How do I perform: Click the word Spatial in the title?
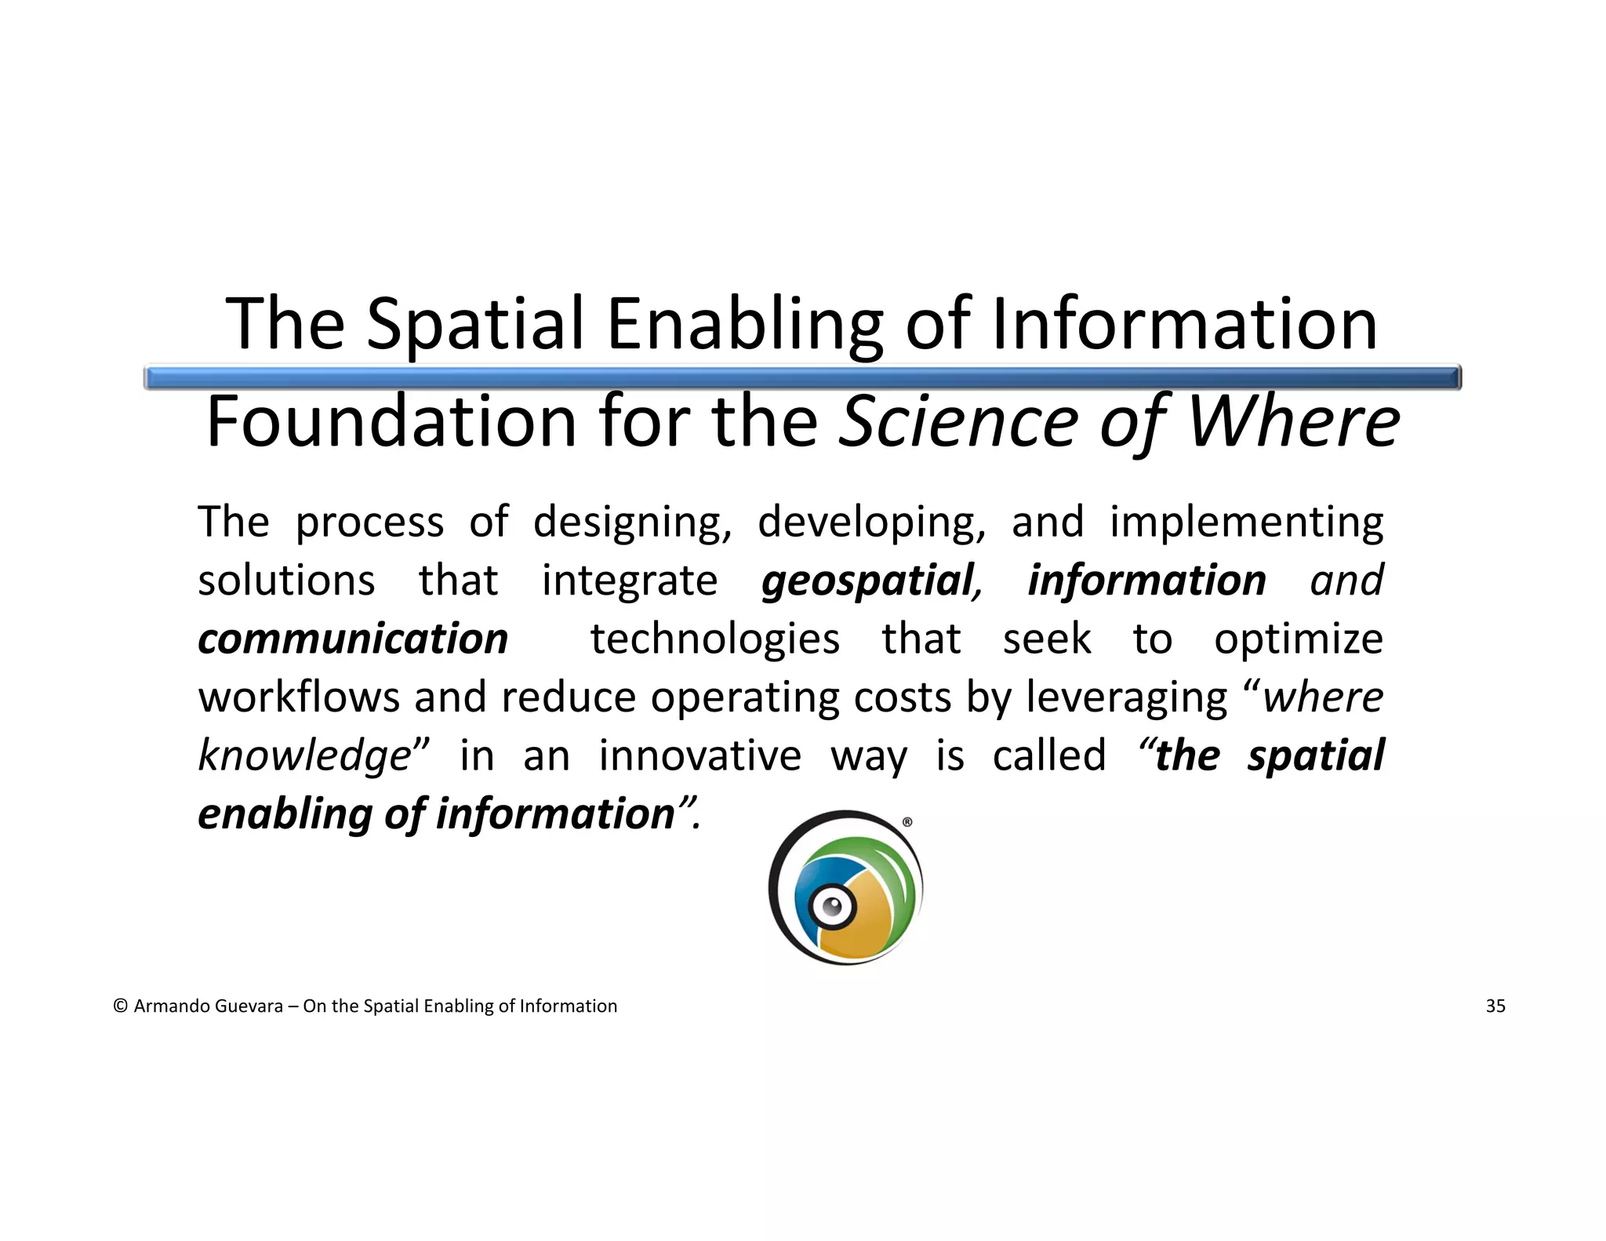[475, 324]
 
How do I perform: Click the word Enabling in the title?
[744, 324]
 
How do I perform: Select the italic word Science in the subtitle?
[958, 422]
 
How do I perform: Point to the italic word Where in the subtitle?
[1293, 422]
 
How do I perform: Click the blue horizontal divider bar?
[801, 378]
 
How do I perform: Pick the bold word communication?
[353, 639]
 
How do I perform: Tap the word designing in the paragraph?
[632, 522]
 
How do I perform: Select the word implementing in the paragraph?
[1246, 522]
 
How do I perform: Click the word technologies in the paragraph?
[714, 639]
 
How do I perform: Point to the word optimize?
[1298, 639]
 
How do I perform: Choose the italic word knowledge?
[304, 755]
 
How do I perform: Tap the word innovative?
[699, 755]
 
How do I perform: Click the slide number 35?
[1495, 1006]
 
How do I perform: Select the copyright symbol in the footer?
[120, 1006]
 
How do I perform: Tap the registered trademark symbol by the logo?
[907, 822]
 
